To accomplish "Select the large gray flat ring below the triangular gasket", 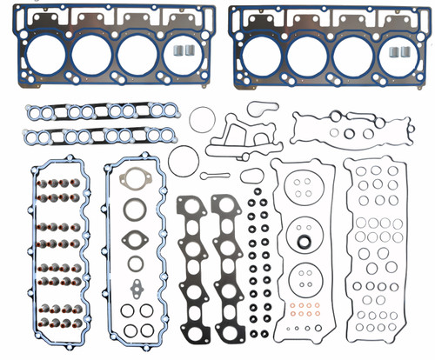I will pyautogui.click(x=135, y=210).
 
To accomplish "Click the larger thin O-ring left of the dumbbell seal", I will pyautogui.click(x=183, y=159).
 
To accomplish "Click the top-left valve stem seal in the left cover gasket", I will pyautogui.click(x=41, y=183).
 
